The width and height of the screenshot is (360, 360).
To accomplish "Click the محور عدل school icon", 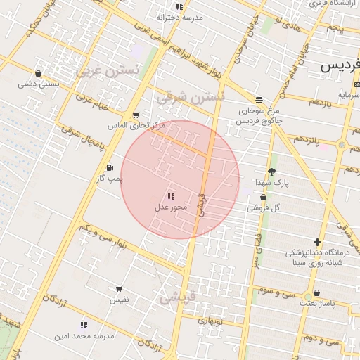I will (x=171, y=196).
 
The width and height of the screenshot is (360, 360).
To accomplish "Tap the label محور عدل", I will (x=171, y=207).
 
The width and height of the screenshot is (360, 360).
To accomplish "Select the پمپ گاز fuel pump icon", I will (x=110, y=167).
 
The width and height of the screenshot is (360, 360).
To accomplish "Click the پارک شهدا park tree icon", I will (x=272, y=172).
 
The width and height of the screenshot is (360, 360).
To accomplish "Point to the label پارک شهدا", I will (x=271, y=183).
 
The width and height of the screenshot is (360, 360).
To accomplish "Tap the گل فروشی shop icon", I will (x=263, y=198).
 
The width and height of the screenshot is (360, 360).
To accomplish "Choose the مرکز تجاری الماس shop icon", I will (x=136, y=115).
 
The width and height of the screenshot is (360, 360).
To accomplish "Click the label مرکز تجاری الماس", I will (x=136, y=125).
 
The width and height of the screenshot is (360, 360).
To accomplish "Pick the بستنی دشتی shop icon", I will (x=38, y=73).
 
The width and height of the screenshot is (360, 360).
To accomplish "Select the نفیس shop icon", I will (x=118, y=289).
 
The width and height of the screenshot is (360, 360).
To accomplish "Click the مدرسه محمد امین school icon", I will (x=84, y=325).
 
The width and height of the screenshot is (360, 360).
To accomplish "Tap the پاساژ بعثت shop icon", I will (x=317, y=292).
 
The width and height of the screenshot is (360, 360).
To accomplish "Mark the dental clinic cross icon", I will (x=317, y=242).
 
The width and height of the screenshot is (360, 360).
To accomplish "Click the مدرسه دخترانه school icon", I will (x=179, y=6).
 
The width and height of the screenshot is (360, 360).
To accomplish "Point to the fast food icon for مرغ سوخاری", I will (x=259, y=100).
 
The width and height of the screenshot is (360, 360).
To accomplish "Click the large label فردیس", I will (x=340, y=66).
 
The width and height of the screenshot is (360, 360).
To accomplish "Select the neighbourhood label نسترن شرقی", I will (x=191, y=96).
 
